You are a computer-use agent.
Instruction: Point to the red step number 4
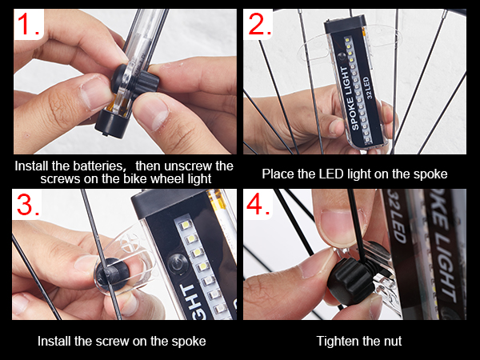point(260,206)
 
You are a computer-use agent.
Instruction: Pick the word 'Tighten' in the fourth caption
point(338,341)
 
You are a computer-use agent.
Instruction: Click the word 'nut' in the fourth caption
point(392,341)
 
